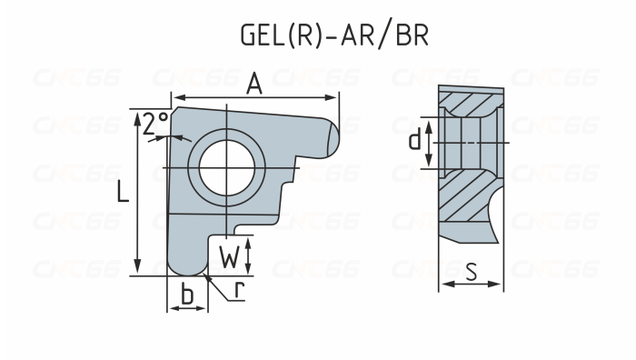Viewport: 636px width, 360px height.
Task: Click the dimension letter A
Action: tap(255, 84)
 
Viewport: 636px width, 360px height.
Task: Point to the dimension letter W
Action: tap(232, 257)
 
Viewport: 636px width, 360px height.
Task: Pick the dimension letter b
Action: tap(187, 294)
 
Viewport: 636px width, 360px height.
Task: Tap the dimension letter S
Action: tap(472, 270)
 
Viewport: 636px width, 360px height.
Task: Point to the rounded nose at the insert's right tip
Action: tap(332, 137)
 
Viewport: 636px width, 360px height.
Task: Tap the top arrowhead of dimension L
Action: tap(136, 113)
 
